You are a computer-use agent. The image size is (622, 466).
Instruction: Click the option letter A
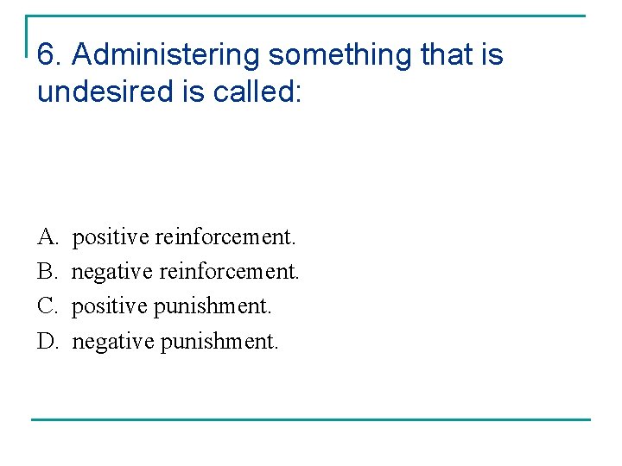coord(47,236)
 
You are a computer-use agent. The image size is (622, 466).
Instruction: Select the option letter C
coord(47,306)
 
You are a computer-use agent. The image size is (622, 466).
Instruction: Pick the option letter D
coord(47,342)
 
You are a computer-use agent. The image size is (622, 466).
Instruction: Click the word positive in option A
coord(110,236)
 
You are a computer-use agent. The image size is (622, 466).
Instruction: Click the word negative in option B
coord(110,271)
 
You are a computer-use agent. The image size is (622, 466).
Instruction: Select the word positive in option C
coord(109,306)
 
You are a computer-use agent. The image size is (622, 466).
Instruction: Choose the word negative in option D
coord(111,342)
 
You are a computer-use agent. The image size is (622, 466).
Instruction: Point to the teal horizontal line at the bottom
coord(311,419)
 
